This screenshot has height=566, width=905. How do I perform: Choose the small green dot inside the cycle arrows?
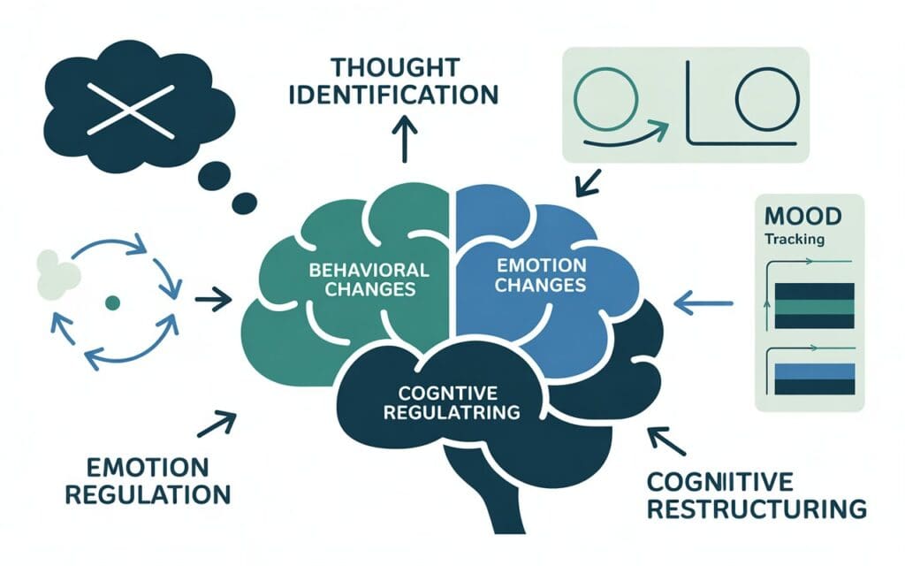point(111,302)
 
